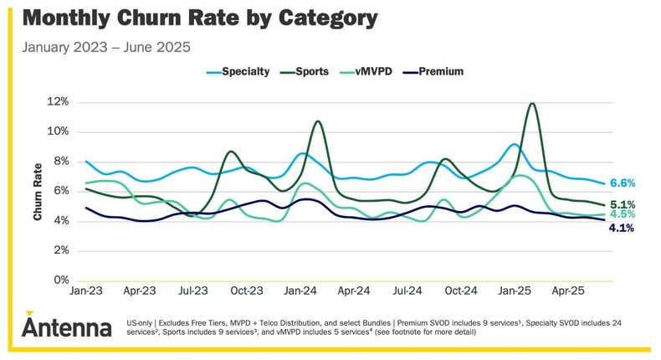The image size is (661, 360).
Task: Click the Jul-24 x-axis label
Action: click(407, 291)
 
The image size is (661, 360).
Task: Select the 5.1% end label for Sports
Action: click(623, 204)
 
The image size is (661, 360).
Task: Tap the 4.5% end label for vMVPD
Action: click(623, 215)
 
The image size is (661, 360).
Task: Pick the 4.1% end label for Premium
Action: click(623, 227)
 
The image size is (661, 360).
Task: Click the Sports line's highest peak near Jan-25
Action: click(532, 104)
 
